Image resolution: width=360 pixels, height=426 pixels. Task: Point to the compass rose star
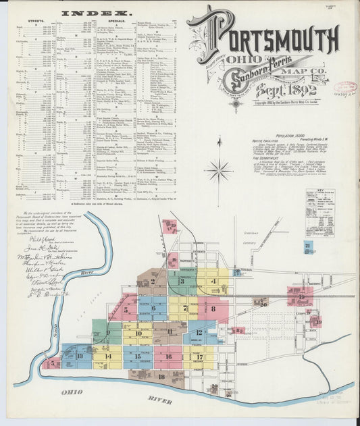click(x=219, y=171)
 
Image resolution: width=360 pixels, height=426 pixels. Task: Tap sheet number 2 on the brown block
click(x=153, y=282)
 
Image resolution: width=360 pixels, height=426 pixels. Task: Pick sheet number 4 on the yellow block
click(x=213, y=281)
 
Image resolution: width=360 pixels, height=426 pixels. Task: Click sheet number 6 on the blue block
click(x=154, y=308)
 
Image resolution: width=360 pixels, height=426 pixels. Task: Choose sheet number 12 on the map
click(x=199, y=332)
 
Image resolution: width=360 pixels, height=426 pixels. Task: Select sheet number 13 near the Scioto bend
click(x=80, y=356)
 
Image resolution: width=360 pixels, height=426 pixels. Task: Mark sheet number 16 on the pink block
click(x=168, y=356)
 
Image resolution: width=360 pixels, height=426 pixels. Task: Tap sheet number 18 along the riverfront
click(x=161, y=375)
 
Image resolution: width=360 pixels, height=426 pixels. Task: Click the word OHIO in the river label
click(x=72, y=392)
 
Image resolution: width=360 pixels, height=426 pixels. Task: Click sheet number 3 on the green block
click(x=182, y=282)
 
